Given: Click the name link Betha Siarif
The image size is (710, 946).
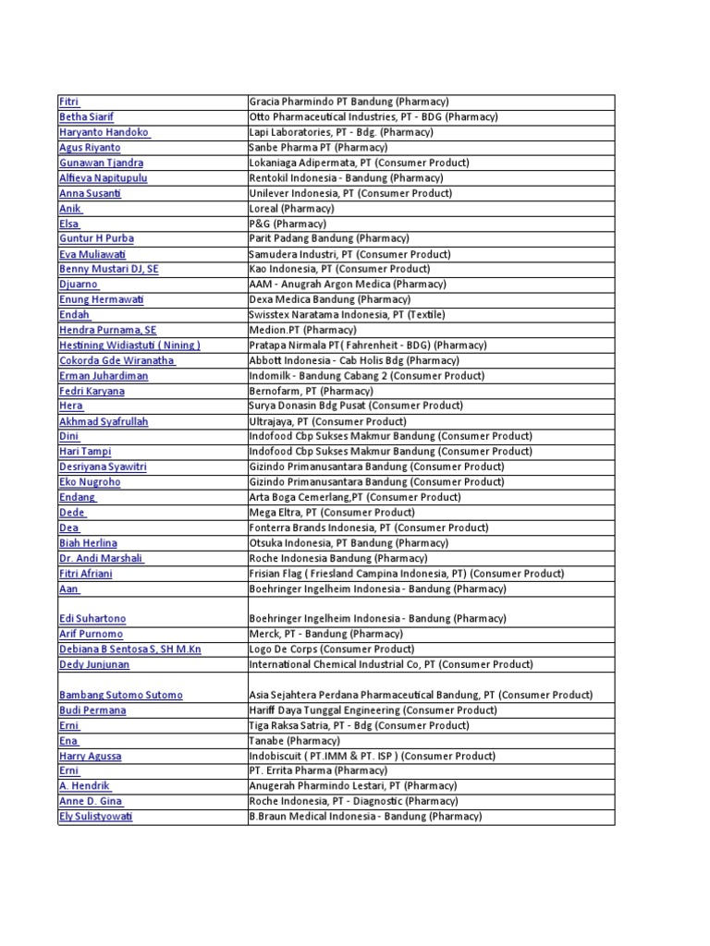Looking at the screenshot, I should point(86,117).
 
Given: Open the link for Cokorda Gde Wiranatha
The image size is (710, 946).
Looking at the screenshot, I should point(116,360).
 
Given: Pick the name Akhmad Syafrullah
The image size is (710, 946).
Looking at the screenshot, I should point(104,421).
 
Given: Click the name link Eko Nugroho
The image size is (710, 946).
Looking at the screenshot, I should point(90,482).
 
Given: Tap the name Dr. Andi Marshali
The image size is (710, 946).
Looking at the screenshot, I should point(101,558).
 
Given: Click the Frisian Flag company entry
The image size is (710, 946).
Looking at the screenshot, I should point(406,574).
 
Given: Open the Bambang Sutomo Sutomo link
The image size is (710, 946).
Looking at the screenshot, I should point(120,695).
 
